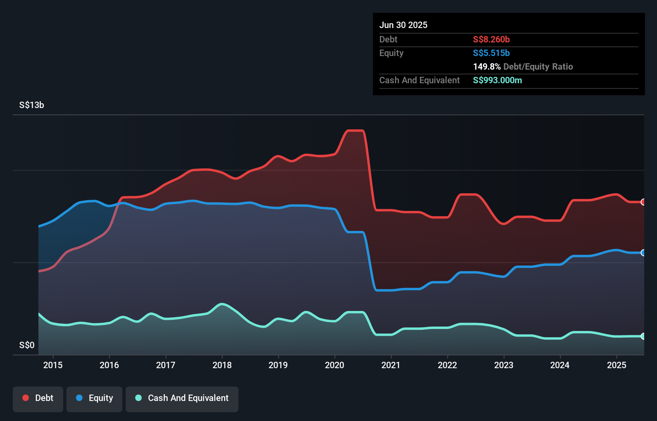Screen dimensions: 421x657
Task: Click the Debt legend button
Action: pyautogui.click(x=38, y=398)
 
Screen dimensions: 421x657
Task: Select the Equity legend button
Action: pyautogui.click(x=94, y=398)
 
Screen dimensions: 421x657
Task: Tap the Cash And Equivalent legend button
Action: pyautogui.click(x=182, y=398)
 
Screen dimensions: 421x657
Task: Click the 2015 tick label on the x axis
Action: pyautogui.click(x=53, y=365)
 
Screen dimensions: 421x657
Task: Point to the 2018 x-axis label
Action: pyautogui.click(x=222, y=365)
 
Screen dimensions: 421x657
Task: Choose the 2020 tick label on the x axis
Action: pyautogui.click(x=335, y=365)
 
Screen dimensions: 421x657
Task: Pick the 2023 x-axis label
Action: pyautogui.click(x=504, y=365)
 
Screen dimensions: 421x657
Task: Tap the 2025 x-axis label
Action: pyautogui.click(x=617, y=365)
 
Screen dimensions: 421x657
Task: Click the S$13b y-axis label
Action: pyautogui.click(x=32, y=105)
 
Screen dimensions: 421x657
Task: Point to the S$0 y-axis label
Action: pyautogui.click(x=27, y=345)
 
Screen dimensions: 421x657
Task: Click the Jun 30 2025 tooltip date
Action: pyautogui.click(x=403, y=25)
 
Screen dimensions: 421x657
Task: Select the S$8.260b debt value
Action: pyautogui.click(x=491, y=39)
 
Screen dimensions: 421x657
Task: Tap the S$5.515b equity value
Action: pyautogui.click(x=491, y=53)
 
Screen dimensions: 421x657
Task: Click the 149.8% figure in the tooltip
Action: pyautogui.click(x=487, y=67)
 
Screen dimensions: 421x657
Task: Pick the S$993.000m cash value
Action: pyautogui.click(x=497, y=80)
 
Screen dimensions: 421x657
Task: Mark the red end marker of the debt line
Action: pyautogui.click(x=643, y=202)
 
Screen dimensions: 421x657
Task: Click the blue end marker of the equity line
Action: pyautogui.click(x=643, y=253)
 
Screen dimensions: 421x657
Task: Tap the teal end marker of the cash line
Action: pyautogui.click(x=643, y=336)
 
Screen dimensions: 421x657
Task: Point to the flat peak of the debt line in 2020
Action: pyautogui.click(x=355, y=130)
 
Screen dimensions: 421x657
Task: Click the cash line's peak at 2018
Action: pyautogui.click(x=222, y=304)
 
